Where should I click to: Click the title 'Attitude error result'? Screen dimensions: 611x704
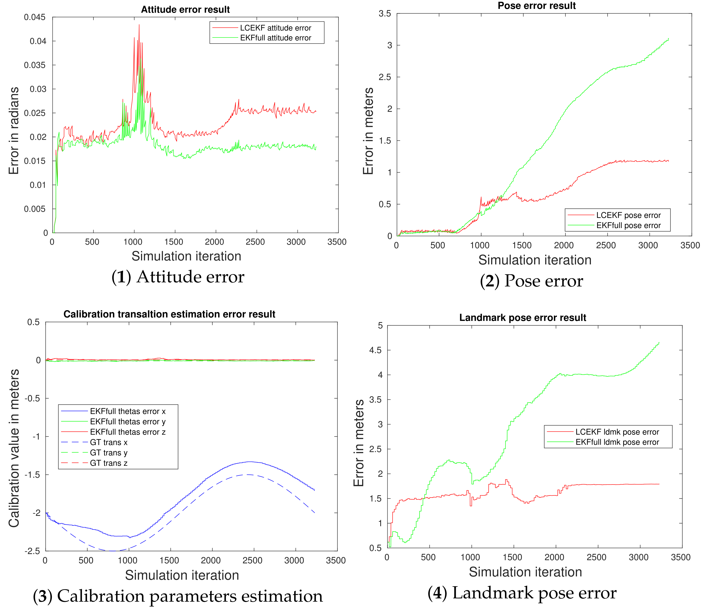(x=185, y=10)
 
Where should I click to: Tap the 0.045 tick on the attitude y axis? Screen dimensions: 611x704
(x=35, y=17)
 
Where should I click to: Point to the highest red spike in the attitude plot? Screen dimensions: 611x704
(x=139, y=25)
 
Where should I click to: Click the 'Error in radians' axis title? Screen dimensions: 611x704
(x=14, y=131)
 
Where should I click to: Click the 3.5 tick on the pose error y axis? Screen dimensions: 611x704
(x=385, y=14)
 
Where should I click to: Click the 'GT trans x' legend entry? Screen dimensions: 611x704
(x=108, y=442)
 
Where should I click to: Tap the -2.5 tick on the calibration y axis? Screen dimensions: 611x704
(x=32, y=551)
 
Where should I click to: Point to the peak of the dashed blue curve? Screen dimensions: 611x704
(x=248, y=475)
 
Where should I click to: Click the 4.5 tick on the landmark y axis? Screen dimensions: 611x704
(x=375, y=350)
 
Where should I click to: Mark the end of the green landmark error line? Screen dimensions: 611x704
(x=659, y=342)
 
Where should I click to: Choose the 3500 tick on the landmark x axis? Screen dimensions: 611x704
(x=680, y=557)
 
